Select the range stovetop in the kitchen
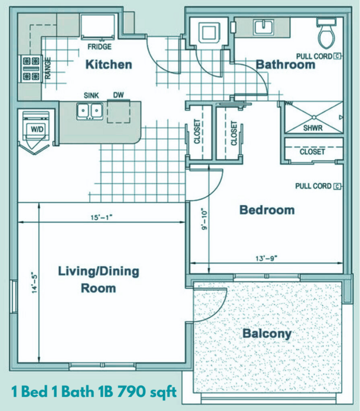click(x=31, y=68)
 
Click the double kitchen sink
click(x=90, y=111)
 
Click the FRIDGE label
click(x=100, y=47)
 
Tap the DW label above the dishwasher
click(x=119, y=95)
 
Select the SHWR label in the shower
click(x=313, y=128)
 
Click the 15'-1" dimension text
click(x=102, y=218)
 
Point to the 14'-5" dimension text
click(x=35, y=284)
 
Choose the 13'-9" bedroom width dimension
click(x=267, y=258)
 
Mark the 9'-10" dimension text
click(x=204, y=219)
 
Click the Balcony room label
click(x=267, y=334)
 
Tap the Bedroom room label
click(x=267, y=210)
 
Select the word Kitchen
click(x=109, y=64)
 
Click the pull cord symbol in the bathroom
click(x=337, y=56)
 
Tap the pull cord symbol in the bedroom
click(x=337, y=186)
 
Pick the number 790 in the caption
click(x=131, y=392)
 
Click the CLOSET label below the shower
click(x=312, y=152)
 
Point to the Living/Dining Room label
click(x=99, y=280)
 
